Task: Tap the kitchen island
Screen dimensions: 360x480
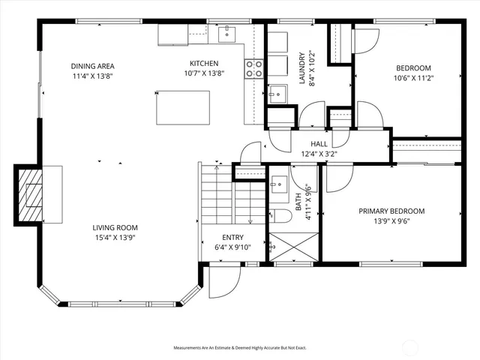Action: coord(183,107)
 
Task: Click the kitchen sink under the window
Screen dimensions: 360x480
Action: coord(226,34)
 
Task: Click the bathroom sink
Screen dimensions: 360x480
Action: coord(280,184)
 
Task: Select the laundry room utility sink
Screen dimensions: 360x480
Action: coord(277,92)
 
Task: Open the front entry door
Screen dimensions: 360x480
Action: coord(222,281)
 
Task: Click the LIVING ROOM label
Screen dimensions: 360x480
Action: coord(115,227)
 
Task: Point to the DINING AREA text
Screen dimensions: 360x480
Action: coord(93,66)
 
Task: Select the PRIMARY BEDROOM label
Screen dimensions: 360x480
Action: coord(391,211)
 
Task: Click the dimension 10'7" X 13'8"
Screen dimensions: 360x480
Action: coord(203,73)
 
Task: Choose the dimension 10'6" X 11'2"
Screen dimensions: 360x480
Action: coord(415,77)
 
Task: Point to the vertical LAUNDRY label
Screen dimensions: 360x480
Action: coord(302,68)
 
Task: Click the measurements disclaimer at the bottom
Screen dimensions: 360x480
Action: coord(240,348)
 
